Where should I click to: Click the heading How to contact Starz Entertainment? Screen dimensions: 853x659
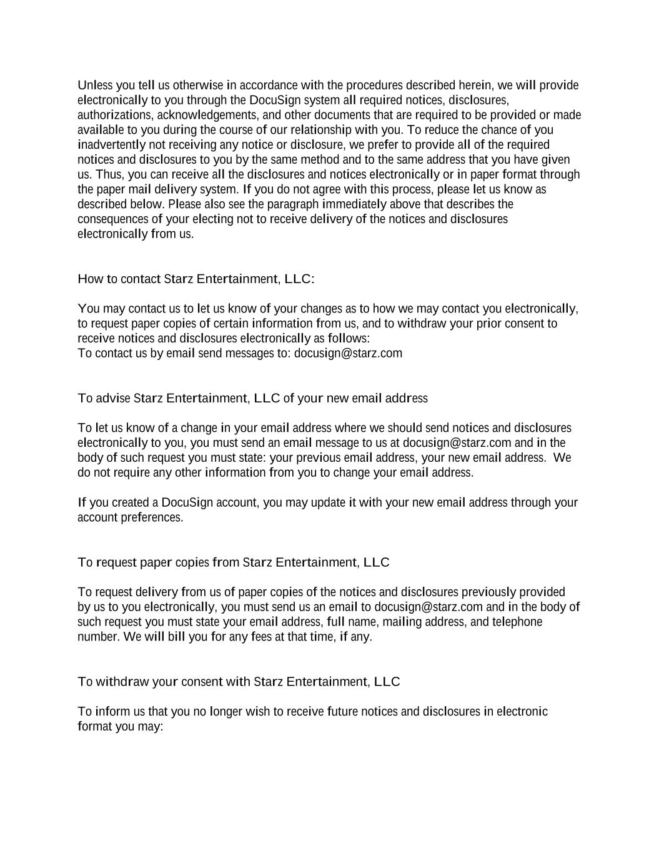[x=196, y=279]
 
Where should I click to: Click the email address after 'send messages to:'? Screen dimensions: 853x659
[x=348, y=353]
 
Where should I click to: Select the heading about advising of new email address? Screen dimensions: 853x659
[x=252, y=398]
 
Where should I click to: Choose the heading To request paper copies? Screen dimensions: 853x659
[x=233, y=562]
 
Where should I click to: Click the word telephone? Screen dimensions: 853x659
[x=517, y=622]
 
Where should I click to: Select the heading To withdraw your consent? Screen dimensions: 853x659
[x=239, y=682]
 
